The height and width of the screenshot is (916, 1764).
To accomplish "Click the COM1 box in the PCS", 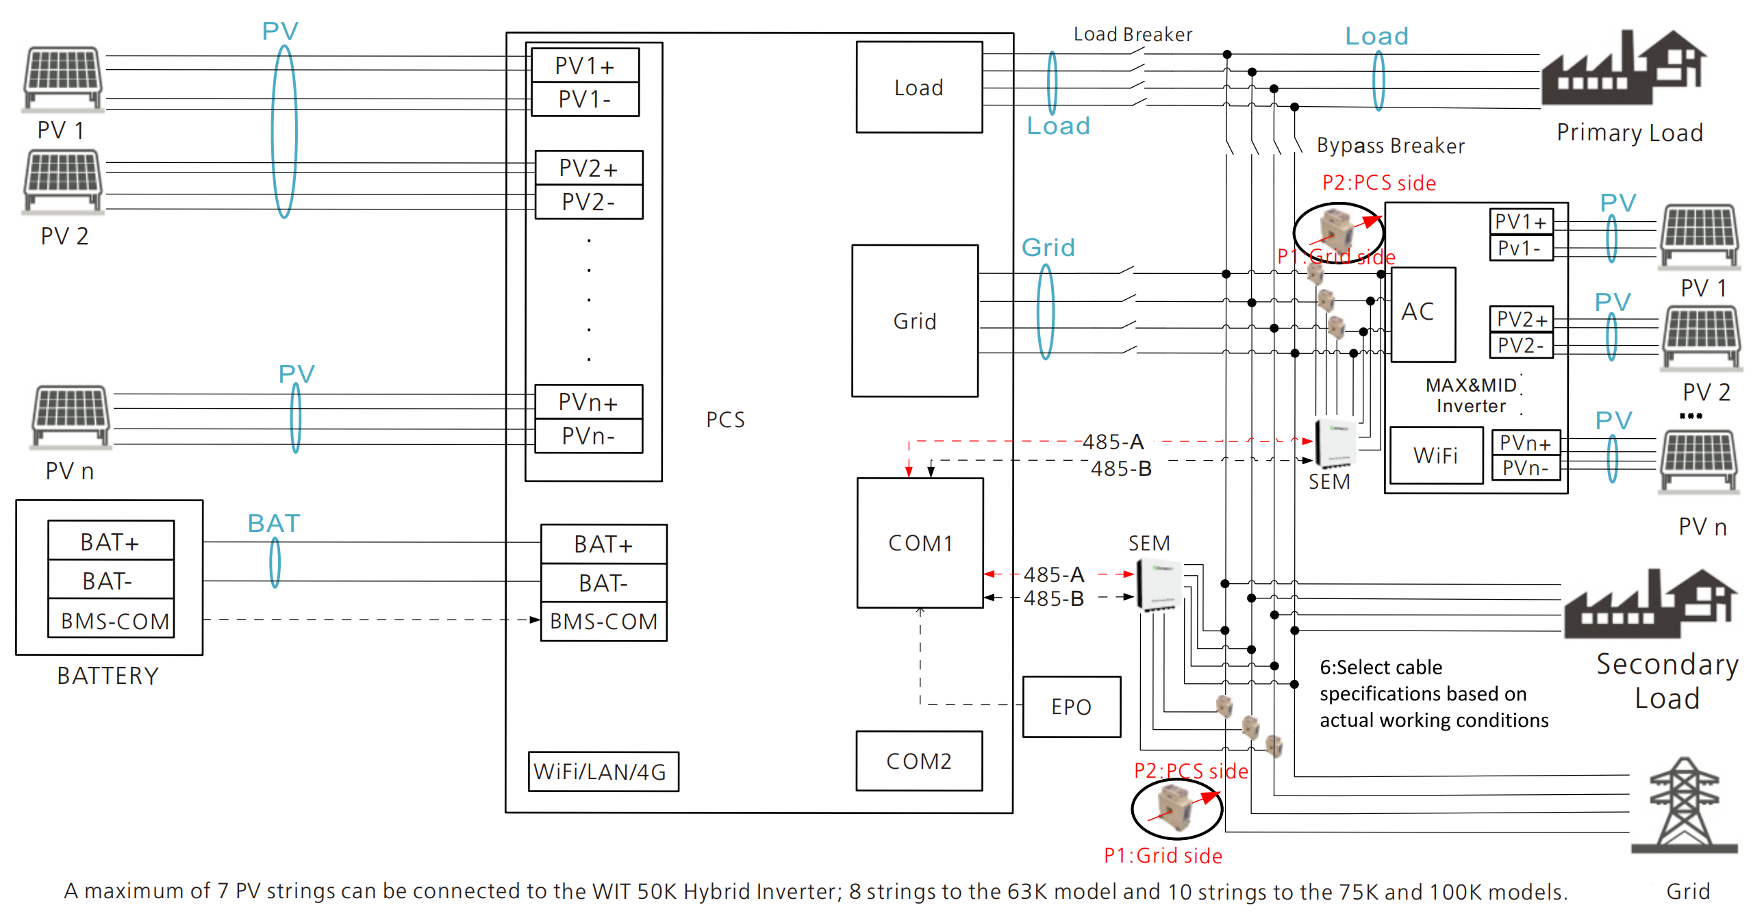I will pos(920,543).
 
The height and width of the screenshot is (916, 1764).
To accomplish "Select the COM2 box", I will pos(919,761).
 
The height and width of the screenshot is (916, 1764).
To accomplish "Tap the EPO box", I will pos(1071,707).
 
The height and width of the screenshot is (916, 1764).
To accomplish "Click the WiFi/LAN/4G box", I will pos(603,772).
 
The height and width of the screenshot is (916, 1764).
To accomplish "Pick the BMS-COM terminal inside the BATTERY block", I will pos(112,620).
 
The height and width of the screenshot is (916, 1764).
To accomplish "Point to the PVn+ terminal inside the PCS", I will pos(588,402).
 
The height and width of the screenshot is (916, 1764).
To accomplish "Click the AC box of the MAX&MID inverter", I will pos(1423,314).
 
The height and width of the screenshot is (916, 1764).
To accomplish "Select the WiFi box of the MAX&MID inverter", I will pos(1435,455).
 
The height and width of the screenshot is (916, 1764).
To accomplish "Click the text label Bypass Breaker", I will pos(1390,146).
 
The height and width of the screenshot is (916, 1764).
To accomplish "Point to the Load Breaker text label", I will pos(1133,34).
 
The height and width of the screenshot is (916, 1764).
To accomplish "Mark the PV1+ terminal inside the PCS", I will pos(585,66).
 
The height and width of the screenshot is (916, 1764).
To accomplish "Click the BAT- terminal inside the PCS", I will pos(603,583).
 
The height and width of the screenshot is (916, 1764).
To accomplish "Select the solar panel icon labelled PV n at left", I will pos(71,416).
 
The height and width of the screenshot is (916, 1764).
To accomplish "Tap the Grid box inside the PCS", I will pos(914,320).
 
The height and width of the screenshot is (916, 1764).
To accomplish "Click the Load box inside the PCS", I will pos(918,88).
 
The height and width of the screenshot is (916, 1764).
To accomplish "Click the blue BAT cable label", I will pos(274,523).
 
